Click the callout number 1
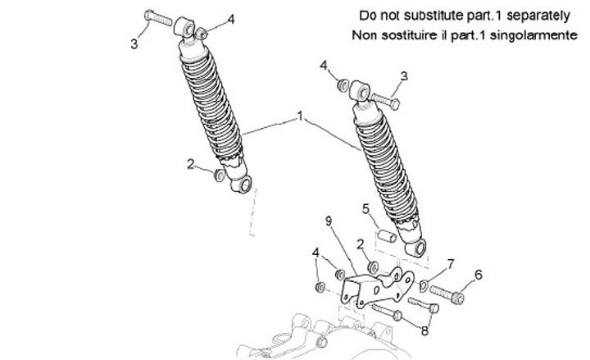(x=300, y=117)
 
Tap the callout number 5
(x=366, y=209)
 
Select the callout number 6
(x=479, y=276)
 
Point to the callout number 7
(x=449, y=262)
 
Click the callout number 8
(x=424, y=330)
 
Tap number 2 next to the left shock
(x=191, y=164)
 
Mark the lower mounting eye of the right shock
(x=420, y=248)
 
